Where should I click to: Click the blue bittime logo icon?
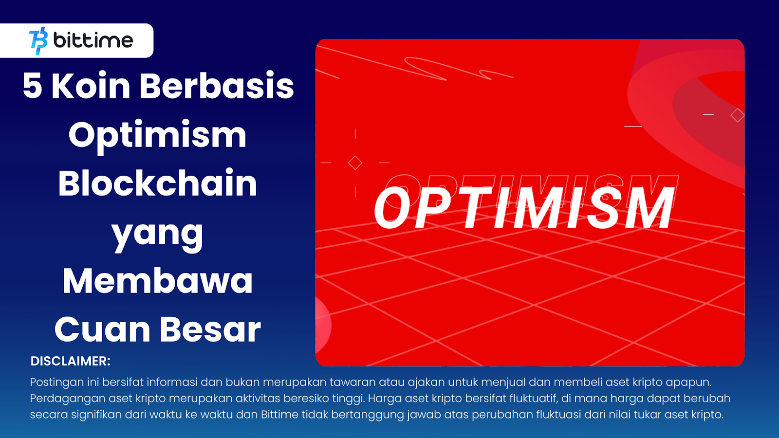click(38, 41)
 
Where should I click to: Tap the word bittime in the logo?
click(93, 40)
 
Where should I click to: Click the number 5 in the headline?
click(33, 86)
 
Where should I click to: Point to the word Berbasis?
click(217, 86)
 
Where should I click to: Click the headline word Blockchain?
click(157, 183)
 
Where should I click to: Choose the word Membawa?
click(157, 281)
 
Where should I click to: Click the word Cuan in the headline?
click(102, 329)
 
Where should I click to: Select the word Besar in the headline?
click(210, 329)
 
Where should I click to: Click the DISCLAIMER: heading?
click(71, 361)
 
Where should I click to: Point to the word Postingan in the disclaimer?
click(56, 382)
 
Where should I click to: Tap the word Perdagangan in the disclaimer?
click(67, 399)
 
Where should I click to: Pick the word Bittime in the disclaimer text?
click(279, 415)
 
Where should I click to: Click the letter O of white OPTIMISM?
click(392, 208)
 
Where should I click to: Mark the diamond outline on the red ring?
click(737, 115)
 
